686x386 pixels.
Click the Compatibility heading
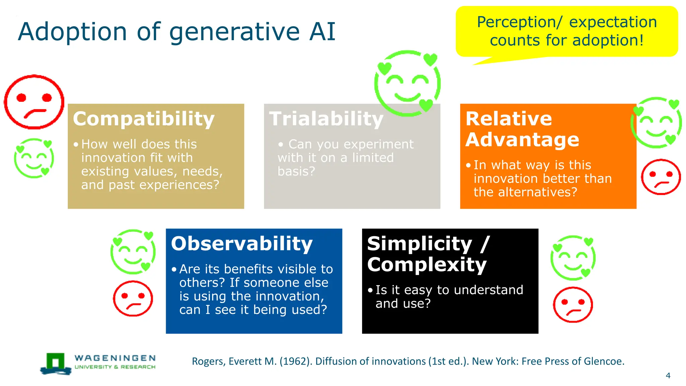click(144, 119)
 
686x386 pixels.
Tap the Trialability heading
click(326, 119)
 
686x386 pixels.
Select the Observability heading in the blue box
click(242, 244)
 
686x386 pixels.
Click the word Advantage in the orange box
click(522, 140)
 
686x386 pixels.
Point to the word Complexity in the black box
click(427, 265)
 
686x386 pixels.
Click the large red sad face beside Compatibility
click(34, 102)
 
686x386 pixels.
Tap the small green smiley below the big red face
click(34, 158)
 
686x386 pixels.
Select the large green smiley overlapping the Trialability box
click(407, 83)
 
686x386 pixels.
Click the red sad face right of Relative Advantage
click(661, 177)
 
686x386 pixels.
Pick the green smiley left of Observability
click(133, 252)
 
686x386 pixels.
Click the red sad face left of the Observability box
click(133, 298)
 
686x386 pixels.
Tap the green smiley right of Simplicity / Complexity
click(573, 258)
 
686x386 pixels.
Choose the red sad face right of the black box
click(573, 305)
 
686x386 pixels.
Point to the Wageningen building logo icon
click(56, 364)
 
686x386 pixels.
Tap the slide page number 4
click(668, 376)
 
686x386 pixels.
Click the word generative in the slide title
click(235, 32)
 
